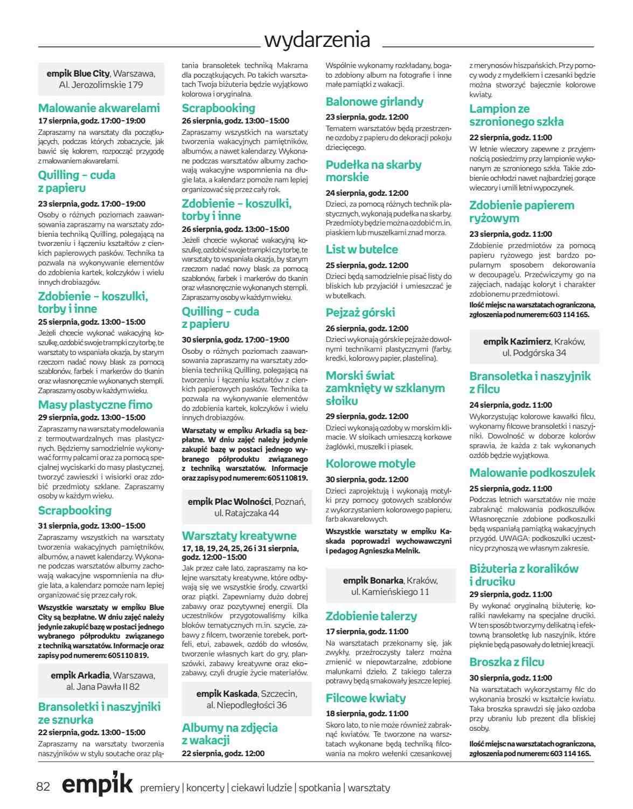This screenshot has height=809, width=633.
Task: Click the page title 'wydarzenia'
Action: [x=317, y=40]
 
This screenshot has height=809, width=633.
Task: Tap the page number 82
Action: [x=43, y=786]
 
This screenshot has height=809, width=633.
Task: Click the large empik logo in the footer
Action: [x=97, y=785]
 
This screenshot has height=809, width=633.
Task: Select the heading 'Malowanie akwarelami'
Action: [x=99, y=107]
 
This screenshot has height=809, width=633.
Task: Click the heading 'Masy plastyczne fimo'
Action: [x=95, y=404]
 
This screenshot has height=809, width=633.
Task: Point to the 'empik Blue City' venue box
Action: [x=101, y=79]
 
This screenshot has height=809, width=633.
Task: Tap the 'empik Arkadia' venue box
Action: [x=102, y=681]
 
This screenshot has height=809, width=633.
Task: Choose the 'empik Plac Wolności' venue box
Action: [x=246, y=507]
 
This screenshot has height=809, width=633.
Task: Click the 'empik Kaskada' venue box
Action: [x=246, y=699]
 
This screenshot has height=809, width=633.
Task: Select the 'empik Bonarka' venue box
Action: [x=389, y=586]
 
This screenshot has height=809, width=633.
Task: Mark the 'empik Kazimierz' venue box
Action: [x=533, y=347]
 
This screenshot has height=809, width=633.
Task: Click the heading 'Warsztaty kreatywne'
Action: [x=239, y=536]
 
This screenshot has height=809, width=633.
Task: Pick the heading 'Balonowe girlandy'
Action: [x=374, y=101]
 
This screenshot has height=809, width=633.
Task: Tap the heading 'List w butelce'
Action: [x=361, y=249]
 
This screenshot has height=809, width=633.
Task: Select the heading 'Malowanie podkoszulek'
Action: [x=532, y=473]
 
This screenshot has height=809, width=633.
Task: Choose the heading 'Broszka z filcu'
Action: [x=506, y=662]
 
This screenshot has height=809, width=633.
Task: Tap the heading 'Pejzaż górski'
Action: [x=360, y=312]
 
